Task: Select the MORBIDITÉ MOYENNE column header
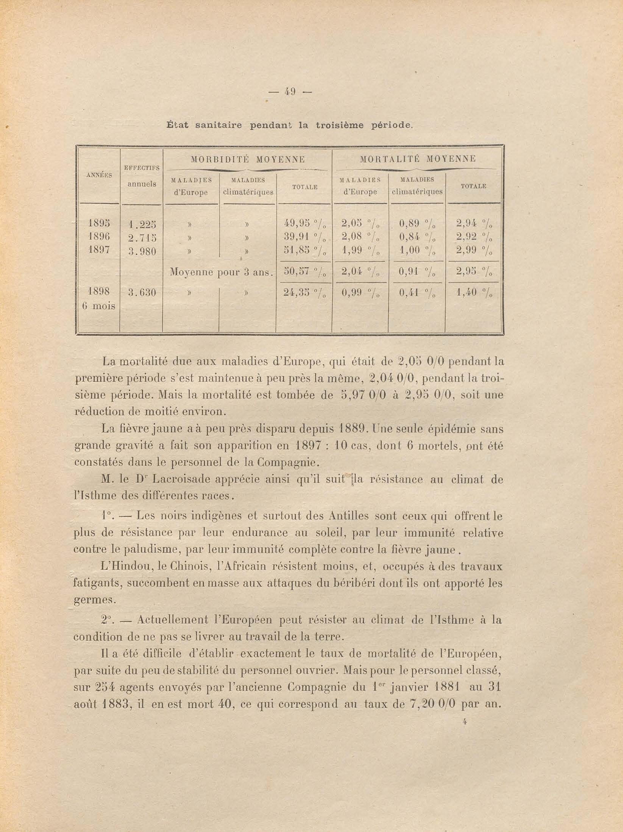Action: tap(248, 159)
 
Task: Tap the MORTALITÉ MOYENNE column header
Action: tap(418, 159)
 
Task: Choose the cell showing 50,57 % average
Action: tap(304, 272)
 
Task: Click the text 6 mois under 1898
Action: tap(98, 306)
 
